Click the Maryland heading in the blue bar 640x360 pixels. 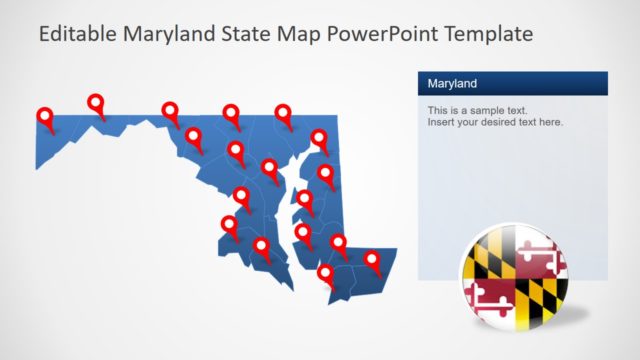pos(452,83)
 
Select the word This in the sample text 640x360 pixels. pos(438,110)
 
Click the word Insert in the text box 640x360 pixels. pos(441,122)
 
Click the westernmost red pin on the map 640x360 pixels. pos(45,117)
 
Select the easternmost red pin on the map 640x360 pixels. pos(373,260)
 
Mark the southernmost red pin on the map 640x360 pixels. pos(325,272)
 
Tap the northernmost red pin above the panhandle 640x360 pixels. pos(96,102)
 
